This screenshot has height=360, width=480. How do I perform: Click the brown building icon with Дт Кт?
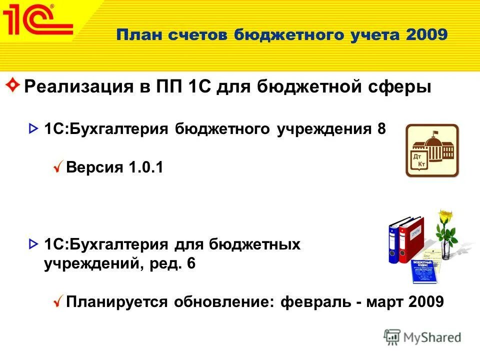pyautogui.click(x=431, y=150)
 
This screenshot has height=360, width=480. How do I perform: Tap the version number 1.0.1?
pyautogui.click(x=146, y=167)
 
